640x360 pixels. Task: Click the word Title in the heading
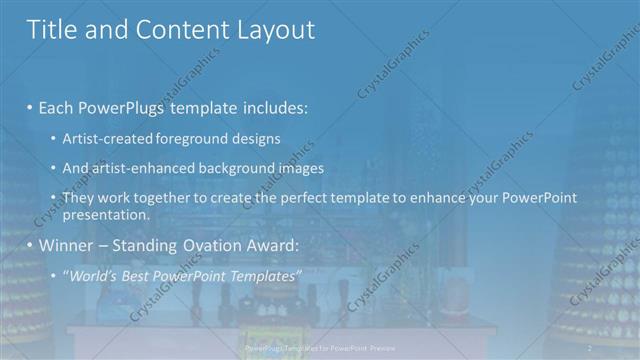(51, 30)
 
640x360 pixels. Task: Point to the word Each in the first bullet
(56, 106)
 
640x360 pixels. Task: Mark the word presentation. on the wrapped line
(105, 215)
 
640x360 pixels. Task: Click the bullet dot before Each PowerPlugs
(31, 107)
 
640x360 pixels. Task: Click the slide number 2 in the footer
(590, 347)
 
